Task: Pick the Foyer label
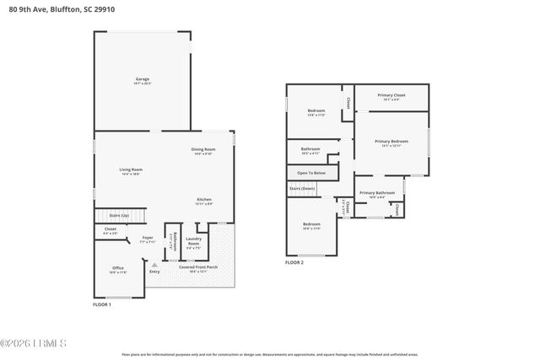pyautogui.click(x=147, y=239)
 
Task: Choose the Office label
pyautogui.click(x=118, y=270)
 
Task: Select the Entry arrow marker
pyautogui.click(x=154, y=265)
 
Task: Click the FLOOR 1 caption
pyautogui.click(x=102, y=304)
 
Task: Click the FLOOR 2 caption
pyautogui.click(x=294, y=262)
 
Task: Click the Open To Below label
pyautogui.click(x=310, y=173)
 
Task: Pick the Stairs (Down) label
pyautogui.click(x=302, y=189)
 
